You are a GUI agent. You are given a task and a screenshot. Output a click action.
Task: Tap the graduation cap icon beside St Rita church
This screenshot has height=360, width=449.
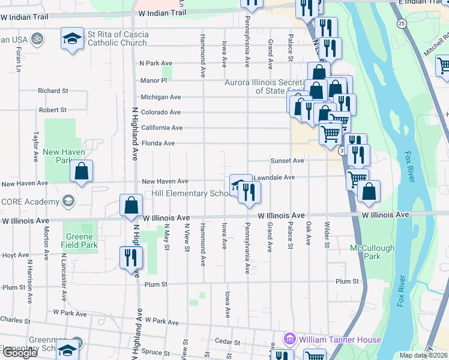point(72,39)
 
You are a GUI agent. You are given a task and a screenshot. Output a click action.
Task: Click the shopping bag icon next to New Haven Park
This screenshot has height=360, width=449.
point(81,171)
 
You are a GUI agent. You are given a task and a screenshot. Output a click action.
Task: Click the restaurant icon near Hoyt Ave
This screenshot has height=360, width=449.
point(131,258)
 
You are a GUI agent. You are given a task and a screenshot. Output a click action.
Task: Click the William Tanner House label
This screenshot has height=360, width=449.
point(340,340)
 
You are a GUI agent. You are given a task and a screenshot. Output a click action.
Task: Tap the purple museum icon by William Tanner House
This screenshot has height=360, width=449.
point(290,340)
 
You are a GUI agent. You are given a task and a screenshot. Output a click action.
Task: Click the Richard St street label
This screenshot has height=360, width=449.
point(52,91)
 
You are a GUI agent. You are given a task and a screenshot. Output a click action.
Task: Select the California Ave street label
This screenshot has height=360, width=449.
point(161,128)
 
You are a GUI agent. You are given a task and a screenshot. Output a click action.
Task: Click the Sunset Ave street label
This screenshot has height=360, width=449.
point(287,161)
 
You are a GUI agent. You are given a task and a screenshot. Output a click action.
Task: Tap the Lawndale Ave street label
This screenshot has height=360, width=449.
point(274,178)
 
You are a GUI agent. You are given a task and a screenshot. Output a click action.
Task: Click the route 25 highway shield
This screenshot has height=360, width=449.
point(400,23)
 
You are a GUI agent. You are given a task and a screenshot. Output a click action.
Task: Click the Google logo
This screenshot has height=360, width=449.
point(19,353)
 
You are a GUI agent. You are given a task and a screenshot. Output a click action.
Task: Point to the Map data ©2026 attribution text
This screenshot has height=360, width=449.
point(423,355)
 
